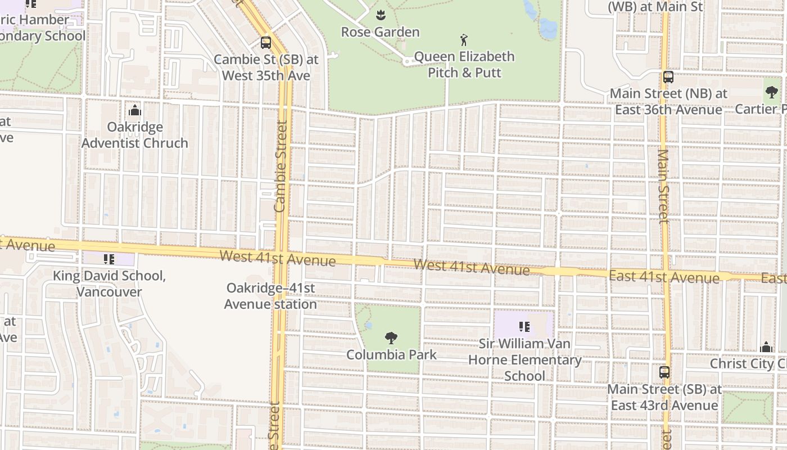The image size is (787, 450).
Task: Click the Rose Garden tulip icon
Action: pos(381,14)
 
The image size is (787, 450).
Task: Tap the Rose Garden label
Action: pos(381,32)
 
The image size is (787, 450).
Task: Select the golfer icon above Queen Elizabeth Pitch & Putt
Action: pos(464,40)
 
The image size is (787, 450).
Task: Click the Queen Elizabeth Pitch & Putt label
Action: pos(464,65)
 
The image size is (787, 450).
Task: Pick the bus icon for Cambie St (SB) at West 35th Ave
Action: pos(265,42)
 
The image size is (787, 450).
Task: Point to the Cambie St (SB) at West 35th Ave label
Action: pos(266,67)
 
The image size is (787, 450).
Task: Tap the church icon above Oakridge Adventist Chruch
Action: pos(135,110)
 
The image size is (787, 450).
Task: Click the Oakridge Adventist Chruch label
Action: pos(135,135)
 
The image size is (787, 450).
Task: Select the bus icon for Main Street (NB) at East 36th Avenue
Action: pos(668,77)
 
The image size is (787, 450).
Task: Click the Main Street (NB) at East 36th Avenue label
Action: pos(668,101)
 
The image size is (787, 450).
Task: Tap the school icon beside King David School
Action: pos(109,259)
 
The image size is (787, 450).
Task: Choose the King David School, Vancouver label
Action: pos(109,284)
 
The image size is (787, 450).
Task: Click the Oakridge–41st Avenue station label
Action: pos(270,296)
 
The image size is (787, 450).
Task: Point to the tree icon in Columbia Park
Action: pos(391,338)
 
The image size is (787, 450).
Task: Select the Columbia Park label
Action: pos(391,355)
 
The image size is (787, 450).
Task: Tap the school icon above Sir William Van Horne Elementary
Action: pos(524,327)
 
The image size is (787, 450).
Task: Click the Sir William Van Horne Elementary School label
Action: pos(524,359)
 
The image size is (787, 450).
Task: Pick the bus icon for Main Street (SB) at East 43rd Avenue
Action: pos(664,372)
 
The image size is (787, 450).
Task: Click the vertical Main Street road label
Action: pos(664,186)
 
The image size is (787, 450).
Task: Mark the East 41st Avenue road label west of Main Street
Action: pos(664,277)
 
